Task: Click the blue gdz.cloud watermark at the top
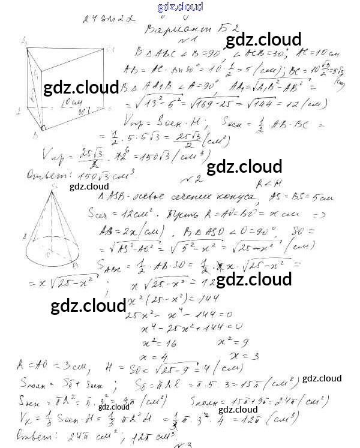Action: click(x=179, y=7)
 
